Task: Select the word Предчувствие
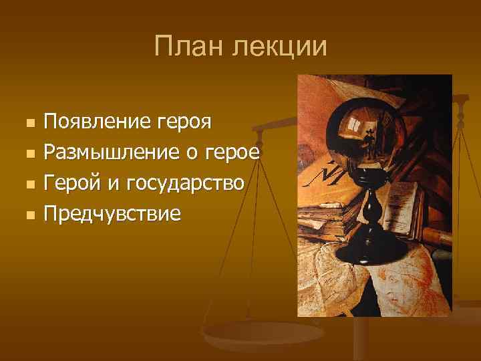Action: pos(112,214)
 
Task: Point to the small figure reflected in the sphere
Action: pos(369,138)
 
